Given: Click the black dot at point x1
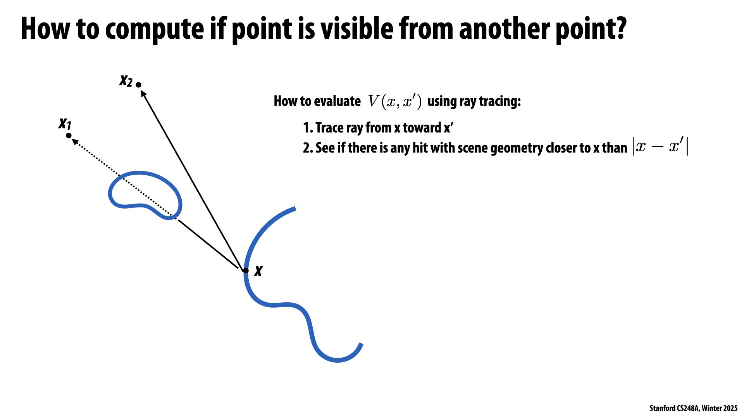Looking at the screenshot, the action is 69,135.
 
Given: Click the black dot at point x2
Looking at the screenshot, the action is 138,85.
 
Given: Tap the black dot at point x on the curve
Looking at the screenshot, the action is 246,270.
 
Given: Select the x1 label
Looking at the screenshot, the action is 65,123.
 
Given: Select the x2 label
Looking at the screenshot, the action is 126,81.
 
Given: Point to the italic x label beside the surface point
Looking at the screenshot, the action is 258,271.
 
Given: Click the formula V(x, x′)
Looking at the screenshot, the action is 394,101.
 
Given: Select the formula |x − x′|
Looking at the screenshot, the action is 660,147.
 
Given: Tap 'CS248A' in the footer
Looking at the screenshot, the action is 687,408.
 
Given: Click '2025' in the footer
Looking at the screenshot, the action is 730,408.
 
